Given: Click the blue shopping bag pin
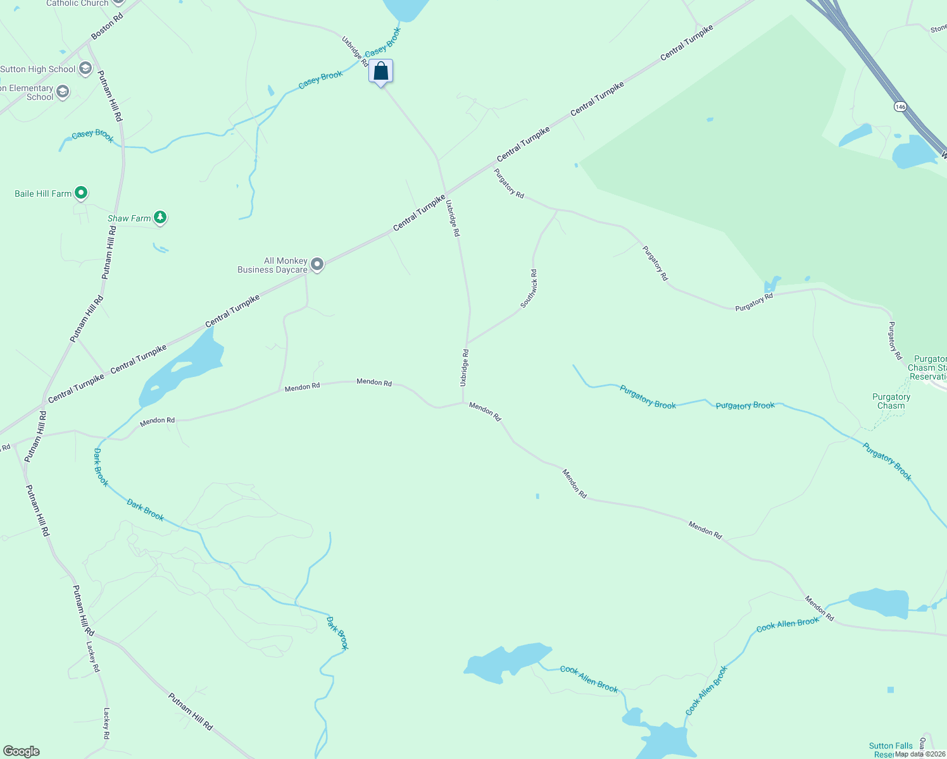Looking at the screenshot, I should coord(380,71).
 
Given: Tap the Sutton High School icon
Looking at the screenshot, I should coord(85,69).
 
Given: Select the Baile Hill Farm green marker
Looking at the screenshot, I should coord(80,193).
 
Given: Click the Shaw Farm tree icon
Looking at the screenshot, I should coord(160,218).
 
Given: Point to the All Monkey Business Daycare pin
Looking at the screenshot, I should coord(317,264).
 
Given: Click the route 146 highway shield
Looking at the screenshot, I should coord(900,107).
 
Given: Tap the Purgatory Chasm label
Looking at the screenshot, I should coord(891,401).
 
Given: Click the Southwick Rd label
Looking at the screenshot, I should coord(529,289).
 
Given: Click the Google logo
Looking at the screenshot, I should coord(22,751).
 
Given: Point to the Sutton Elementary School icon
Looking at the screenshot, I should coord(62,92).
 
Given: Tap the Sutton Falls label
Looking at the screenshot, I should coord(891,746).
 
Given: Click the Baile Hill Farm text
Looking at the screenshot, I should coord(43,194).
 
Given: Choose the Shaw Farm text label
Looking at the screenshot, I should coord(129,218).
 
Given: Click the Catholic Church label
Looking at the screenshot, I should coord(77,3).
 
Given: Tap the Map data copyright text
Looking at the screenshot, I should coord(920,754).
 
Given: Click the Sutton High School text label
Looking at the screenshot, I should coord(38,69).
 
